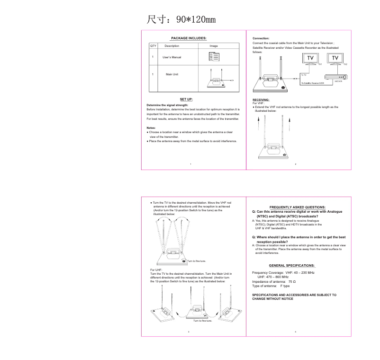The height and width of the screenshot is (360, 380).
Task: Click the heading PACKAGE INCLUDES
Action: point(189,38)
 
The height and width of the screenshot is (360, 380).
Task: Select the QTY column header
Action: point(153,46)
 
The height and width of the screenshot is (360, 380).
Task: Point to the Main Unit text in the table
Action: point(172,74)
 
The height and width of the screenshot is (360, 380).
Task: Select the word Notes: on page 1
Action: point(151,128)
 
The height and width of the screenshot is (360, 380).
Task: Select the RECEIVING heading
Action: point(261,100)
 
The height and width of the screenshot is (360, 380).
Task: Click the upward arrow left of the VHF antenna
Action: point(258,126)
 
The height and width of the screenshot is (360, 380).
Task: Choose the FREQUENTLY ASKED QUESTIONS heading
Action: point(297,207)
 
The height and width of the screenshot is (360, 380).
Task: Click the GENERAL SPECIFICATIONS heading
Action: point(291,265)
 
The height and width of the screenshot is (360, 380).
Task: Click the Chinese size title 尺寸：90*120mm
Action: point(181,19)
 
